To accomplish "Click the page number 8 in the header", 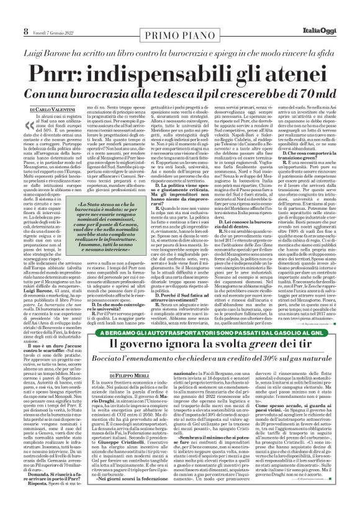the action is click(9, 14).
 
